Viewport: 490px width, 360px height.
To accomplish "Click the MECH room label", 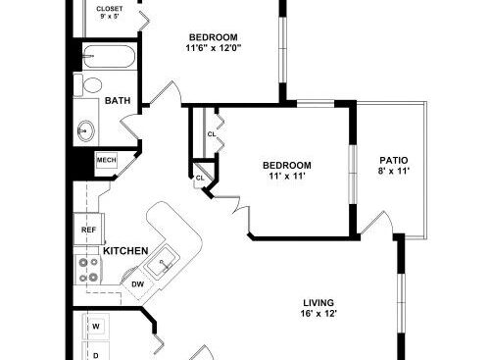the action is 107,160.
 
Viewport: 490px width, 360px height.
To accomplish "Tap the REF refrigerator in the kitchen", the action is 89,230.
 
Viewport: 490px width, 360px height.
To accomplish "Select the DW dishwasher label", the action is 137,284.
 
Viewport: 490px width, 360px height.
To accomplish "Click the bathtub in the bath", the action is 109,56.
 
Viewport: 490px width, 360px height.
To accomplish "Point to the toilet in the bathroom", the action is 87,85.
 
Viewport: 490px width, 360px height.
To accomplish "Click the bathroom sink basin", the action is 86,131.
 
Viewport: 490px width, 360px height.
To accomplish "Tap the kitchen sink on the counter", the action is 163,262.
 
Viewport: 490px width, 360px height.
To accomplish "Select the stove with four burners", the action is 89,270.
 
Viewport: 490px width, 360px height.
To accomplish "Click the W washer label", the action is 96,327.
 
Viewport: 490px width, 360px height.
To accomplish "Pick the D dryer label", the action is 96,355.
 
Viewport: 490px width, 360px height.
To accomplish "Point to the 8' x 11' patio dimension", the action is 394,171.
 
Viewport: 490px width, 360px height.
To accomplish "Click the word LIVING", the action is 318,303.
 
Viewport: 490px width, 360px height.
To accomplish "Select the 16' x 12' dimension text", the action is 318,314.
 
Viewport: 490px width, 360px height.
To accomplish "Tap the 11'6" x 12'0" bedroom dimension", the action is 214,48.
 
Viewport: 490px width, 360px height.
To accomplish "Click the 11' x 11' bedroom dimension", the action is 287,177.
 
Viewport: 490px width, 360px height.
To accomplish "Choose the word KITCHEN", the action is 125,251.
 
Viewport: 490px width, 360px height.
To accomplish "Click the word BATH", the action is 118,100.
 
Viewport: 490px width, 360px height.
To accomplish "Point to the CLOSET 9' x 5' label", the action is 110,13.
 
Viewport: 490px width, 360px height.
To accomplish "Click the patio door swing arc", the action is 389,219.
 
